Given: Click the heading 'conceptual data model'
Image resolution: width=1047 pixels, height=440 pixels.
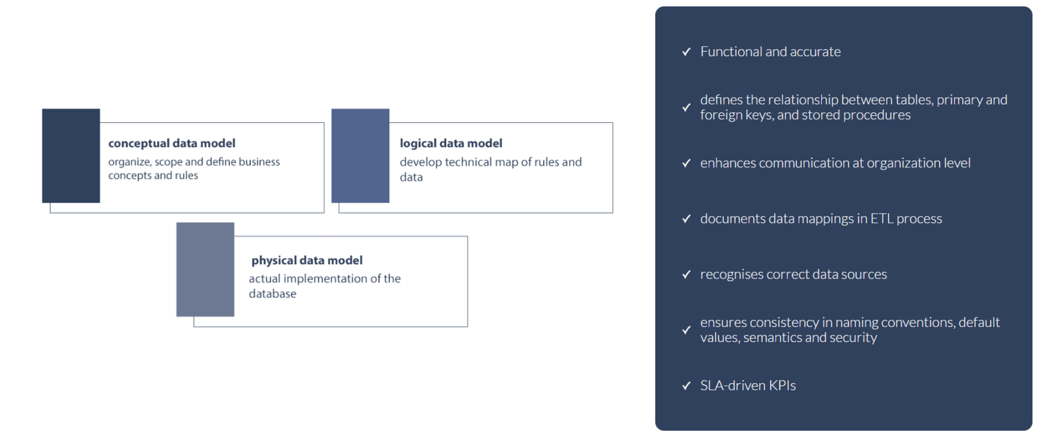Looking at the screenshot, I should coord(171,143).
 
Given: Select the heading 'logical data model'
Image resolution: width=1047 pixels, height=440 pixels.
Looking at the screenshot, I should coord(451,143).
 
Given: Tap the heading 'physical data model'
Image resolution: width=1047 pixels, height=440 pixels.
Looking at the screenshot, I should coord(307,260).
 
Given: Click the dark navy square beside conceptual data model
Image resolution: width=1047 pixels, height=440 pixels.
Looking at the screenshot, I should coord(71,156).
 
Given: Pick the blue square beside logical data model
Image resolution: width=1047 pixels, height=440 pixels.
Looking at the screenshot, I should coord(361,156).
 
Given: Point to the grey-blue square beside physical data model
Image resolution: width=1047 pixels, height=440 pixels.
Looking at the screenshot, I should coord(205,269).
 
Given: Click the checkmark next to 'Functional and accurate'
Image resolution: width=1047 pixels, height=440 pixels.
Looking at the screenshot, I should coord(686,52).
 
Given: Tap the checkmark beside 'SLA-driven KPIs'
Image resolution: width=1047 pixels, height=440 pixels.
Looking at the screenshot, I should coord(686,386).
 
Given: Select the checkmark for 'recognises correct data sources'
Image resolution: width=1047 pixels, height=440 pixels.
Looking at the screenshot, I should coord(686,275).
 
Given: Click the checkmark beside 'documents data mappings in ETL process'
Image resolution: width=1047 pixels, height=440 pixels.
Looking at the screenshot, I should coord(686,219).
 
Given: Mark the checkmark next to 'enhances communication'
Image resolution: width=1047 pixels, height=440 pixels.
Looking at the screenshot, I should coord(686,163).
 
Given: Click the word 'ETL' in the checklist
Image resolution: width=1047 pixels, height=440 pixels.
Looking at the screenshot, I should coord(881,219).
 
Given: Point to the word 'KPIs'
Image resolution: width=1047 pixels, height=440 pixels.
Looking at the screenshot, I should coord(783,386).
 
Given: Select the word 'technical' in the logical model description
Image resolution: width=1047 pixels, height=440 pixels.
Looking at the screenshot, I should coord(470,162).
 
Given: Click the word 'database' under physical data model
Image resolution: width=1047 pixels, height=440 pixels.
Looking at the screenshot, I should coord(272,294).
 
